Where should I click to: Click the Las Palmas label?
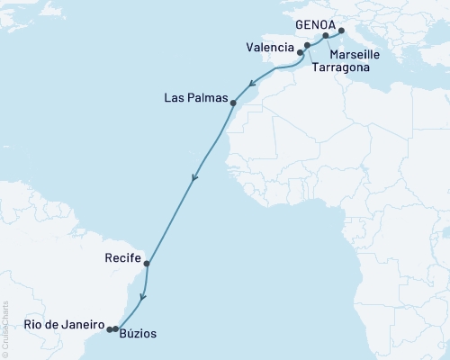coord(194,96)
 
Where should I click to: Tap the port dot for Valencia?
coord(301,53)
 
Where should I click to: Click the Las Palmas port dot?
coord(233,103)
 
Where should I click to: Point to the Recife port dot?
coord(147,265)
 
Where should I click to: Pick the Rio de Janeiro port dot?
coord(110,329)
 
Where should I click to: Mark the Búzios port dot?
coord(115,329)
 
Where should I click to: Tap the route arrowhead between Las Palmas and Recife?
coord(193,178)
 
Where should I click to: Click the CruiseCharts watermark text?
coord(4,328)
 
